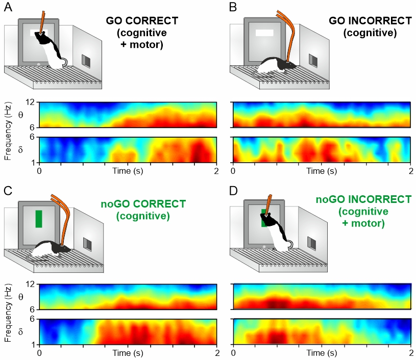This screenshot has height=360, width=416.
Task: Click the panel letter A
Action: pyautogui.click(x=8, y=7)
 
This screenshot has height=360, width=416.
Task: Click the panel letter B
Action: pyautogui.click(x=233, y=7)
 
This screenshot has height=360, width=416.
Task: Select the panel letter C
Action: pyautogui.click(x=8, y=191)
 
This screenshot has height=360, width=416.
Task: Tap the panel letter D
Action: pyautogui.click(x=233, y=191)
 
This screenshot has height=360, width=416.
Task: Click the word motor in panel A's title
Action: pyautogui.click(x=146, y=44)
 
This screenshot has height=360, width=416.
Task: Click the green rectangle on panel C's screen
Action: pyautogui.click(x=39, y=219)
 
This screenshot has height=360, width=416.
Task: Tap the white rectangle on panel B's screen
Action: pyautogui.click(x=264, y=33)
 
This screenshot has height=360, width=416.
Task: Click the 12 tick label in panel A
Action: pyautogui.click(x=30, y=102)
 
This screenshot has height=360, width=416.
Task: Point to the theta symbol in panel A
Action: pyautogui.click(x=20, y=115)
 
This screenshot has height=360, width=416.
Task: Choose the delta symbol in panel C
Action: pyautogui.click(x=20, y=331)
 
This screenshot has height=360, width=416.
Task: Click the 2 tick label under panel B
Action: pyautogui.click(x=411, y=171)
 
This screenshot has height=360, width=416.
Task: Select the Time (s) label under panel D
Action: pyautogui.click(x=322, y=353)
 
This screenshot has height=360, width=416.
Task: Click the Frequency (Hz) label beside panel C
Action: pyautogui.click(x=8, y=313)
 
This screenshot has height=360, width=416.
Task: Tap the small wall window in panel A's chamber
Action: pyautogui.click(x=86, y=61)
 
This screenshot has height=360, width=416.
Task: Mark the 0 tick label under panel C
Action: pyautogui.click(x=39, y=353)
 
